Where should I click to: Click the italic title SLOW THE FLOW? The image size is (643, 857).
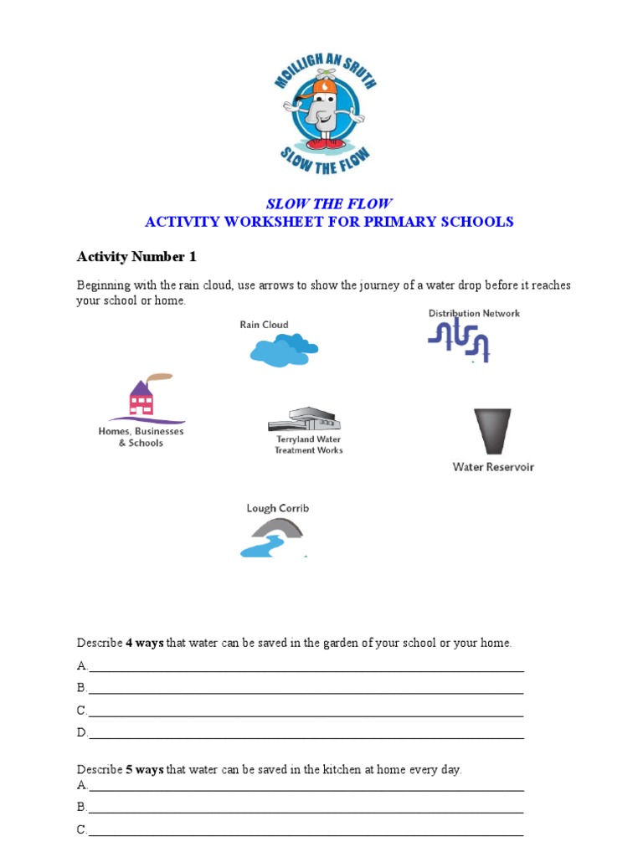click(328, 204)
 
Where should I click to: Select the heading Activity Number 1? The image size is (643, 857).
click(136, 256)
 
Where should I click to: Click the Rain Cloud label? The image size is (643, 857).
click(264, 325)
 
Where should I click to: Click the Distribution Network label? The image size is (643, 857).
click(474, 313)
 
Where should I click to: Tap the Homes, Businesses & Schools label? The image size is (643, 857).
click(141, 437)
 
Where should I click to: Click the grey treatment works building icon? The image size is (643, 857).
click(304, 419)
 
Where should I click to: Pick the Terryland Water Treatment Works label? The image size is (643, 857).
click(308, 444)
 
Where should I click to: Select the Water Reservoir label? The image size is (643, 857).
click(492, 467)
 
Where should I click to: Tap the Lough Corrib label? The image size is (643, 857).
click(277, 508)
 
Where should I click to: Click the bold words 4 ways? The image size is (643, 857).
click(144, 643)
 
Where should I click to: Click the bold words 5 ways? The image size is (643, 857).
click(144, 769)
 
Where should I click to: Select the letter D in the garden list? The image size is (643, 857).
click(82, 732)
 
